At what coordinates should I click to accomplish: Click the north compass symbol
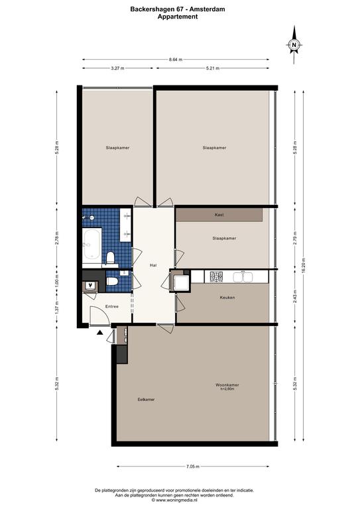click(x=294, y=45)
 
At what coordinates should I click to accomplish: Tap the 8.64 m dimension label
click(x=176, y=60)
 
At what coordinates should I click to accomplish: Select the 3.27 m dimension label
click(x=117, y=68)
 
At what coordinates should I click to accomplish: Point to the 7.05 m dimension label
click(x=193, y=467)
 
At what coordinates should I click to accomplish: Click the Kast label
click(x=219, y=215)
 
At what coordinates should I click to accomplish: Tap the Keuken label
click(x=227, y=298)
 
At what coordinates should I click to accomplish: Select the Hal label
click(x=153, y=265)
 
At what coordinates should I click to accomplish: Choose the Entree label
click(x=112, y=306)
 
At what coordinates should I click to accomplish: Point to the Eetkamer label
click(x=146, y=399)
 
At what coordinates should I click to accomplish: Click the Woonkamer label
click(x=227, y=385)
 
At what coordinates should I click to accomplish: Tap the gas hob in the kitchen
click(x=217, y=277)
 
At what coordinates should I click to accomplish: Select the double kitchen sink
click(x=243, y=277)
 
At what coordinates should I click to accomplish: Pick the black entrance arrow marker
click(x=99, y=332)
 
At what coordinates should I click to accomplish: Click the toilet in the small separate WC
click(x=112, y=281)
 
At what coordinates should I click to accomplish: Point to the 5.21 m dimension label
click(x=213, y=68)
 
